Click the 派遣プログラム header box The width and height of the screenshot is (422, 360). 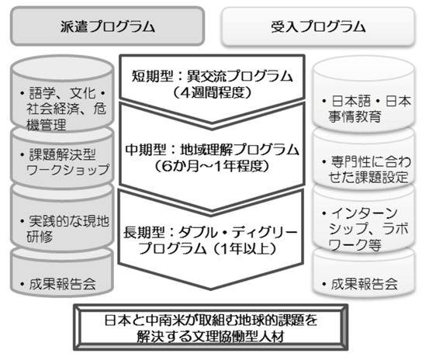point(107,26)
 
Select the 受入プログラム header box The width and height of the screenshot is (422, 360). point(318,26)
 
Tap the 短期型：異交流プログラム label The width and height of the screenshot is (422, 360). point(212,77)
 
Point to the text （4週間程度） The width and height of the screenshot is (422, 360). point(212,92)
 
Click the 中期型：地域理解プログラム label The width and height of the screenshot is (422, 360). point(212,150)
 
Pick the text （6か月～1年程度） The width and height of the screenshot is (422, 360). point(212,166)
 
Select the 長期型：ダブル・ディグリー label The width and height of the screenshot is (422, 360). point(210,232)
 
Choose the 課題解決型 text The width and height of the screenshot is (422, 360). point(62,154)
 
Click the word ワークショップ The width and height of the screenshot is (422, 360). point(67,170)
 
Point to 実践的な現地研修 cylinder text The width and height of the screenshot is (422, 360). point(67,229)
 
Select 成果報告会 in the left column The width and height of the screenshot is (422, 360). point(62,284)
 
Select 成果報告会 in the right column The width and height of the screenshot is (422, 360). point(364,284)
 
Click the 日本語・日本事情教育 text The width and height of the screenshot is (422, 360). point(369,109)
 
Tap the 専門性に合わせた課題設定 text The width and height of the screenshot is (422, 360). point(369,170)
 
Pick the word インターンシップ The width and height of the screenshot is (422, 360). point(363,221)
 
